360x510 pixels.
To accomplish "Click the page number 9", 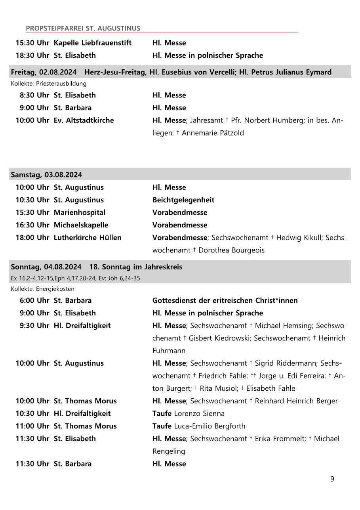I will [332, 479].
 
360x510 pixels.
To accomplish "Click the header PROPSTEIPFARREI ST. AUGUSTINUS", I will [83, 28].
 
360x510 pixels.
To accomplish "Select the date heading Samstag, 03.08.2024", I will [46, 175].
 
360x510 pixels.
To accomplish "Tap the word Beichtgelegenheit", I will [183, 200].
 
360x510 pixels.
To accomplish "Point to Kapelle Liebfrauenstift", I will [92, 43].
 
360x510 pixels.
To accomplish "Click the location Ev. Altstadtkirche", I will [84, 120].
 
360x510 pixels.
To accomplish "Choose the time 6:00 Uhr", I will [34, 300].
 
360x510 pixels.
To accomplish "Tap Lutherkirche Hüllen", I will [88, 237].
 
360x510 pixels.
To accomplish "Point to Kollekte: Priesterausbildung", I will [48, 84].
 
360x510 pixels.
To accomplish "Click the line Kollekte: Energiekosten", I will [42, 289].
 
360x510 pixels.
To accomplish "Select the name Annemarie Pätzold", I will [213, 133].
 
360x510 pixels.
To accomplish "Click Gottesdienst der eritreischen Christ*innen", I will [225, 300].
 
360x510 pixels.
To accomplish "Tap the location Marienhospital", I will [80, 212].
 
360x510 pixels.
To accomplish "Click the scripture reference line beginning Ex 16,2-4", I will [75, 278].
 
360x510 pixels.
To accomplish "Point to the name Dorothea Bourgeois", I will [231, 250].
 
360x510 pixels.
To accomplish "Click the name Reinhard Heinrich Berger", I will [296, 401].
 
